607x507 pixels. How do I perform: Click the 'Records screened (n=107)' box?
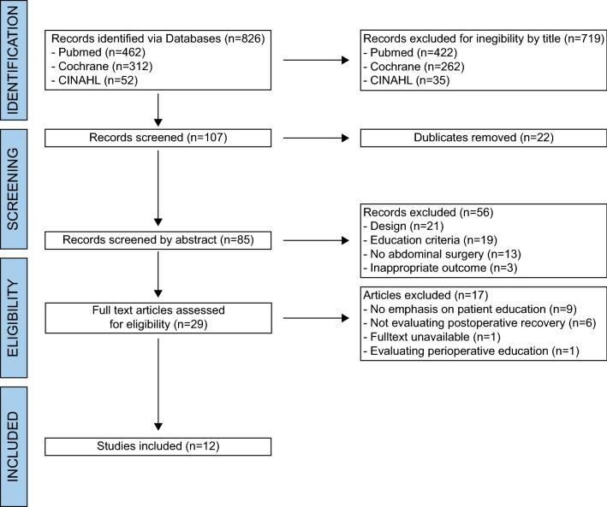pos(158,137)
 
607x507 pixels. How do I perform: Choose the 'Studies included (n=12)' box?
pos(158,445)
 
